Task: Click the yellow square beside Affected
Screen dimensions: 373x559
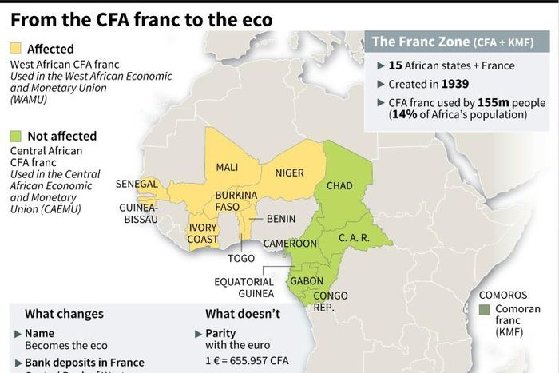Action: coord(16,50)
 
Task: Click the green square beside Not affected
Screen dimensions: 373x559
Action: coord(16,136)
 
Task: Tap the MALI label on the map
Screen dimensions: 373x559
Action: coord(227,168)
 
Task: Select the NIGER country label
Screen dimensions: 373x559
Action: coord(290,173)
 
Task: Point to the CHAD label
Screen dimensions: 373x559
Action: coord(339,186)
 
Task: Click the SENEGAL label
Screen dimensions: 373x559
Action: coord(137,184)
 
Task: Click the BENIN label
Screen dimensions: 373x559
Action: coord(281,219)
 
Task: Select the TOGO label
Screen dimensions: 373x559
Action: coord(240,259)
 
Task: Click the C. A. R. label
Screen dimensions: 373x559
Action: coord(353,237)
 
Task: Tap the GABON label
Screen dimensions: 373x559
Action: coord(307,281)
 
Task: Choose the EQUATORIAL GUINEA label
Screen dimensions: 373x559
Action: coord(244,288)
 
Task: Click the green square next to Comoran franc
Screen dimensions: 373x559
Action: coord(484,309)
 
